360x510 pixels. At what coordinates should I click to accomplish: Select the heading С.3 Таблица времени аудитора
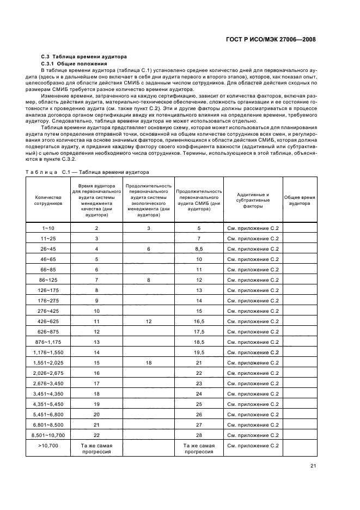(x=84, y=57)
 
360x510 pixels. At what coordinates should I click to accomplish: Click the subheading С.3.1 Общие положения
(x=77, y=64)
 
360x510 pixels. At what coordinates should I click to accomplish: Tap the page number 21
(x=313, y=465)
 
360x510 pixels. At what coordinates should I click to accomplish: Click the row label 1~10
(x=48, y=228)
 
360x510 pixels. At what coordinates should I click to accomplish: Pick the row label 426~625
(x=48, y=321)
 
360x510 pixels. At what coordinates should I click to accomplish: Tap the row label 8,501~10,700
(x=48, y=435)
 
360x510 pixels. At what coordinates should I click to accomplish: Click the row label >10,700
(x=48, y=445)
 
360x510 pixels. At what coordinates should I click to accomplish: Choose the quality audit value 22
(x=96, y=435)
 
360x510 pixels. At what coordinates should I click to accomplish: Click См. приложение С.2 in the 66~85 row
(x=252, y=270)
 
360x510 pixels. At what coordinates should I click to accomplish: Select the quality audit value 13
(x=96, y=342)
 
